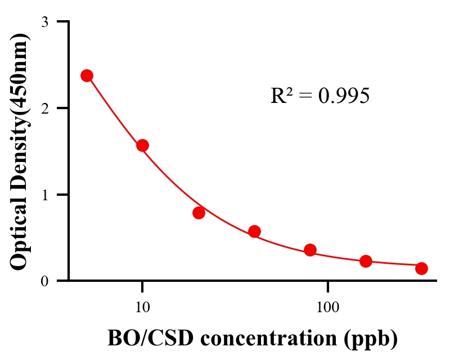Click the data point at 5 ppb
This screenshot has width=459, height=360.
(87, 75)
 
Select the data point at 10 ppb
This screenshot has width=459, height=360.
(142, 145)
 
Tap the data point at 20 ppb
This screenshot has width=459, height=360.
(199, 213)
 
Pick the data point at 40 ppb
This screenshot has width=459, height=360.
(254, 231)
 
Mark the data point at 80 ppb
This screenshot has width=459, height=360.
(310, 250)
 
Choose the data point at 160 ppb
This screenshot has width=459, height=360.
(366, 261)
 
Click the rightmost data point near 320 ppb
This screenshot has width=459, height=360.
(421, 268)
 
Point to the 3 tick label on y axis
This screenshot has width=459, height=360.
(44, 22)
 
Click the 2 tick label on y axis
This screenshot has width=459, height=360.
(44, 108)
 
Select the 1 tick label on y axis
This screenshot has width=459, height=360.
(44, 195)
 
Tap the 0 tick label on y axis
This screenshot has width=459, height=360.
(44, 281)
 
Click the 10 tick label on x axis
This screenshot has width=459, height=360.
(142, 307)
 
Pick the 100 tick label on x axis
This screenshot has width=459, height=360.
(327, 307)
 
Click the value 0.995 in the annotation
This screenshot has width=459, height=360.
(344, 96)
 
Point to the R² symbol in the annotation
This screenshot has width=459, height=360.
(281, 96)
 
